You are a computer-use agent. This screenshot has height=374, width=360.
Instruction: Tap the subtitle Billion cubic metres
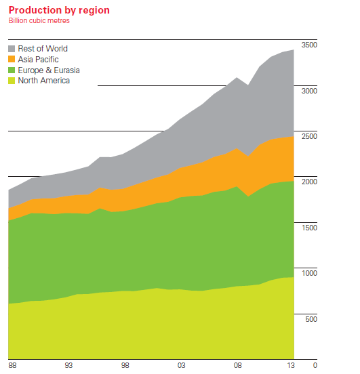[39, 20]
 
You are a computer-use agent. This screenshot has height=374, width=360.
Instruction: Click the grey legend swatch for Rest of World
[12, 49]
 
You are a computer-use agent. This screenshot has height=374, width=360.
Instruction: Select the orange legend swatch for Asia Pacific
[12, 60]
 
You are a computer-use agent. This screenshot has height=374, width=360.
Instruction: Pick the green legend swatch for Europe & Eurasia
[12, 70]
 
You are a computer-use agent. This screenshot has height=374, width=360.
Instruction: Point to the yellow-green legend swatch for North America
[12, 81]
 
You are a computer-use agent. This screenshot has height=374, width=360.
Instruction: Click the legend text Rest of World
[43, 49]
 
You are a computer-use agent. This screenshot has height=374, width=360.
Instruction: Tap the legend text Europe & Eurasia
[49, 70]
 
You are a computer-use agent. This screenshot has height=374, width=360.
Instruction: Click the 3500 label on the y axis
[309, 45]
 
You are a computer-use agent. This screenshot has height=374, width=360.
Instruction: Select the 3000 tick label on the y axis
[309, 90]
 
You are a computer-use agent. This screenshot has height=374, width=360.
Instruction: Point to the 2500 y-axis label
[309, 136]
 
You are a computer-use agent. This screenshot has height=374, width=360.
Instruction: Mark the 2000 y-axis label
[309, 182]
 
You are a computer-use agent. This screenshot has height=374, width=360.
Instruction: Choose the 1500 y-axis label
[309, 228]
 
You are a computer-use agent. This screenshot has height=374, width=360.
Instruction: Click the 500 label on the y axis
[311, 318]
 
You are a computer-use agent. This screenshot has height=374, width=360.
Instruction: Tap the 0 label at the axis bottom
[315, 365]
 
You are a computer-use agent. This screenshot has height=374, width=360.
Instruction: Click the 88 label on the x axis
[12, 365]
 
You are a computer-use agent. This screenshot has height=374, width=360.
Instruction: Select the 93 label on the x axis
[68, 365]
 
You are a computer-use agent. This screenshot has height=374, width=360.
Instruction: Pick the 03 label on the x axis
[180, 365]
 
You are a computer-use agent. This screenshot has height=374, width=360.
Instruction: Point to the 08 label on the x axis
[237, 365]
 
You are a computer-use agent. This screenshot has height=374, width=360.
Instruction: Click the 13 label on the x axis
[292, 365]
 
